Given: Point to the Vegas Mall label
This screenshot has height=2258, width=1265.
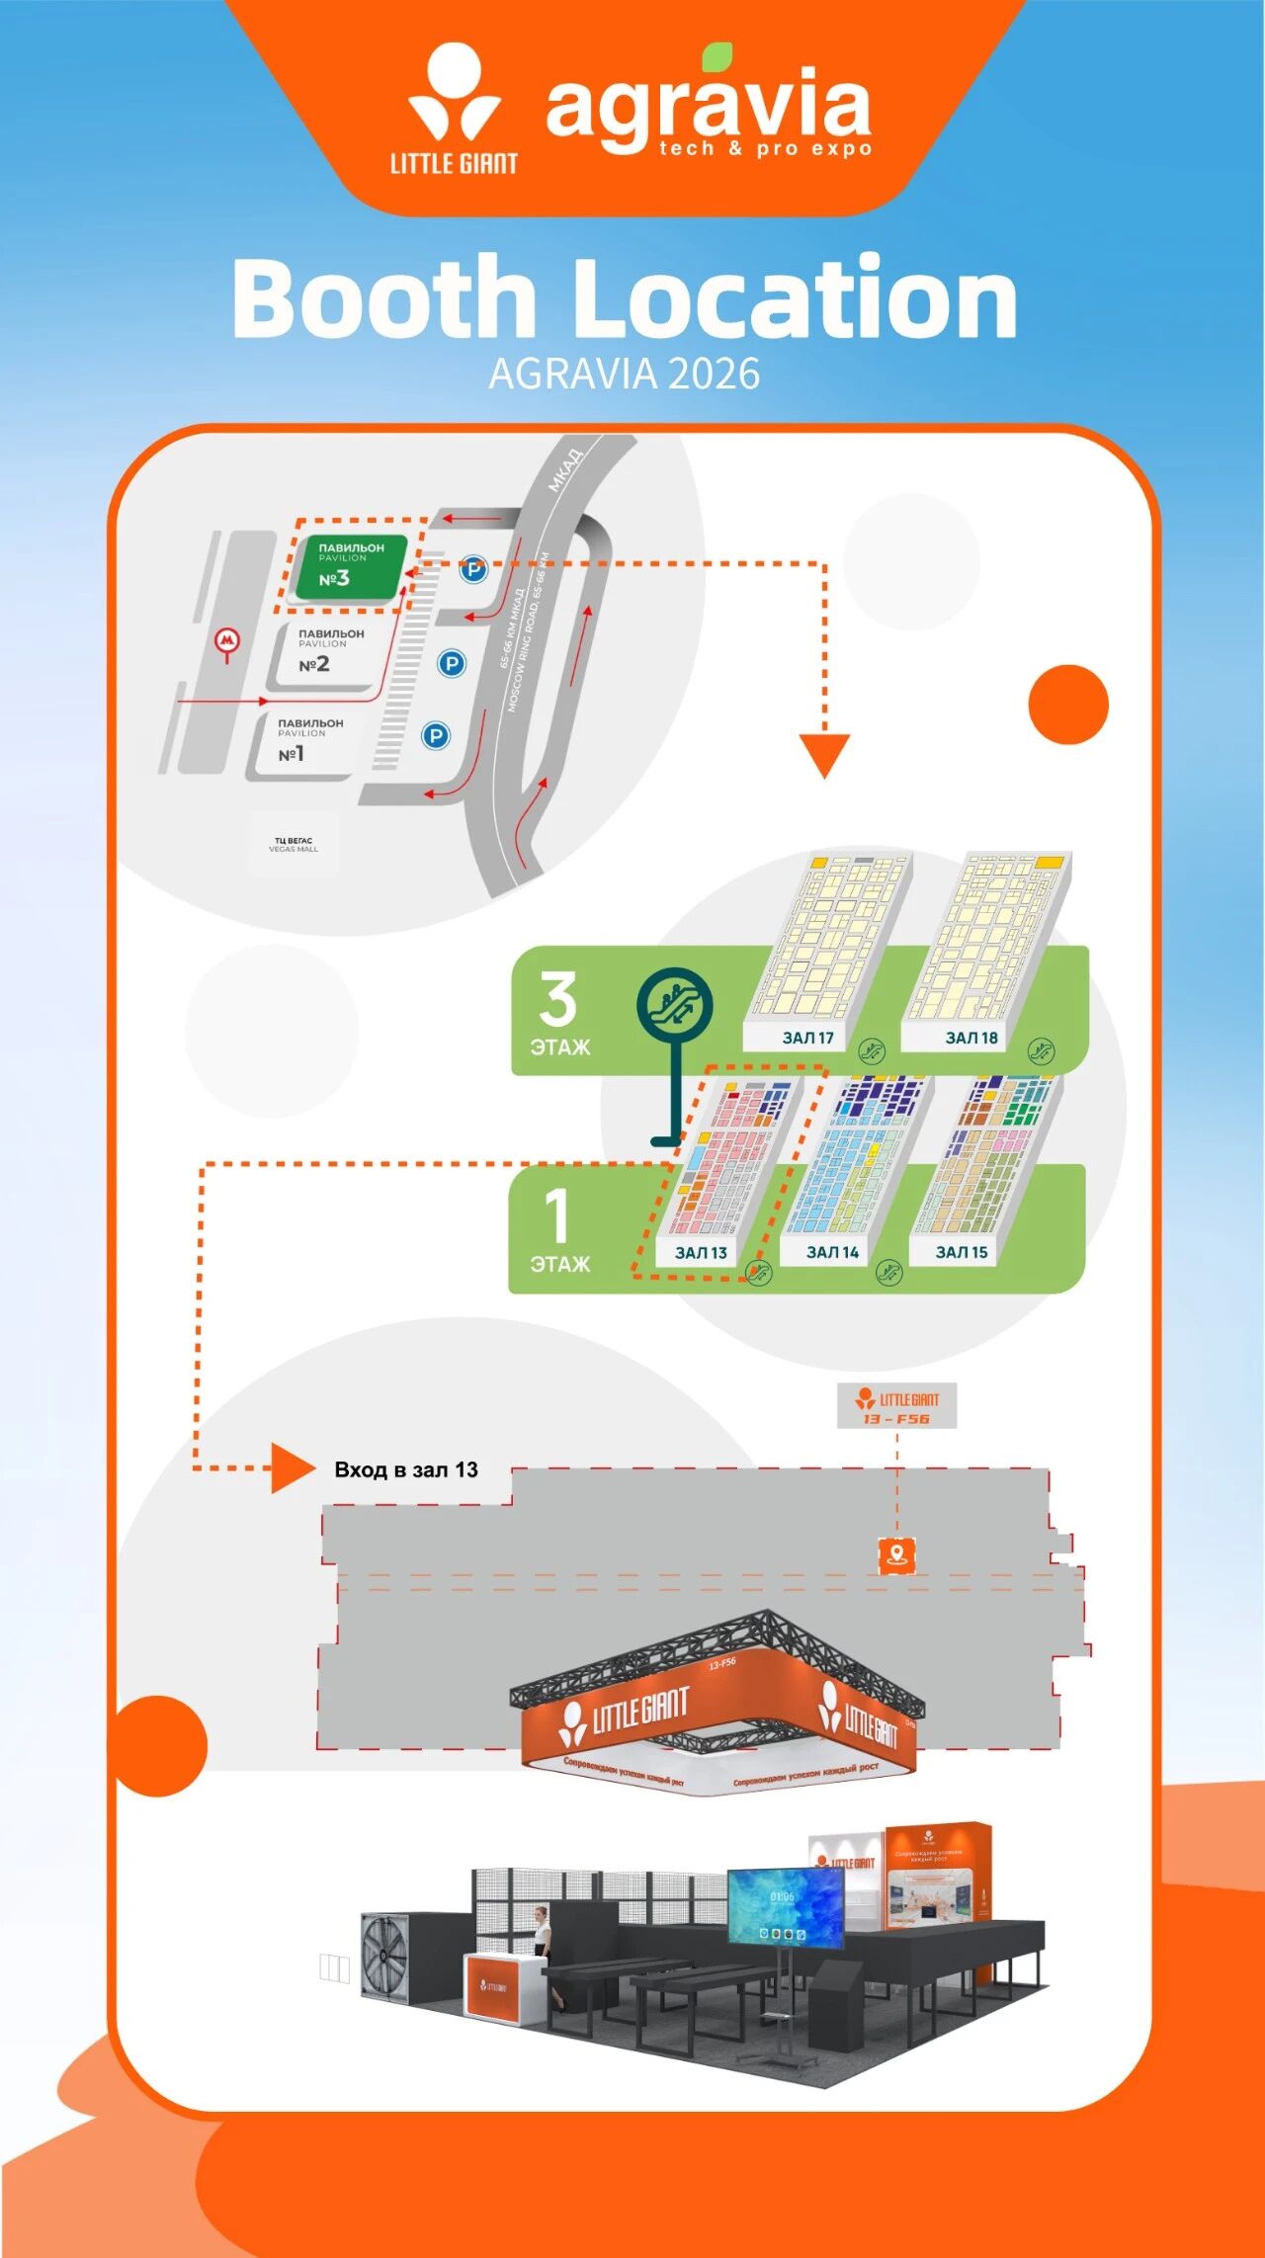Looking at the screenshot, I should [x=294, y=845].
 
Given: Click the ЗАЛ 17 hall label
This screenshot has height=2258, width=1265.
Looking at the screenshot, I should [x=807, y=1038].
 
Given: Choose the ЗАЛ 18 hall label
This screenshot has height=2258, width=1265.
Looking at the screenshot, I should [x=971, y=1038].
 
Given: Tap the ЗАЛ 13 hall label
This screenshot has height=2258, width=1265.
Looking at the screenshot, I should [x=701, y=1252].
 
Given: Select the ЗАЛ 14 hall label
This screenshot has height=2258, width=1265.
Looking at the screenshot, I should [x=832, y=1252].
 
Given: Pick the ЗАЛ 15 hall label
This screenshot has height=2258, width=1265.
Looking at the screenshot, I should [x=962, y=1252].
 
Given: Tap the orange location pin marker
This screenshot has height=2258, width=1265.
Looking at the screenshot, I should [x=896, y=1555].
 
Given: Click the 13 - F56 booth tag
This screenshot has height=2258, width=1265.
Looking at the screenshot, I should [x=896, y=1407].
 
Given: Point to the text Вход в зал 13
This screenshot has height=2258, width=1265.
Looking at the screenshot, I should [x=405, y=1469].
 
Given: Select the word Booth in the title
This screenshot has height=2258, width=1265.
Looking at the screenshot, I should [x=384, y=298].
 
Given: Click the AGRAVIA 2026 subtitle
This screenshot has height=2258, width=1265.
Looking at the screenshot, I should [x=625, y=375].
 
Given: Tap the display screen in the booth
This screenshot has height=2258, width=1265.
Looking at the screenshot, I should [x=786, y=1907].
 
